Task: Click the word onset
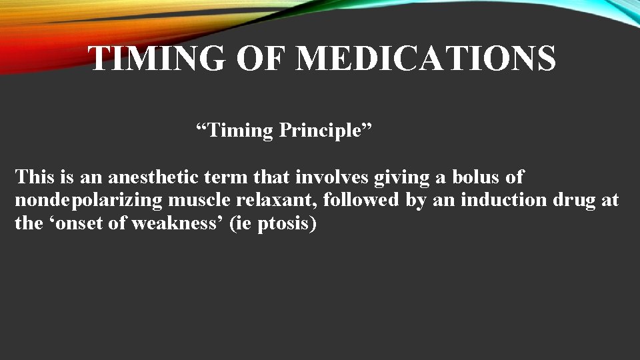coord(78,223)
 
